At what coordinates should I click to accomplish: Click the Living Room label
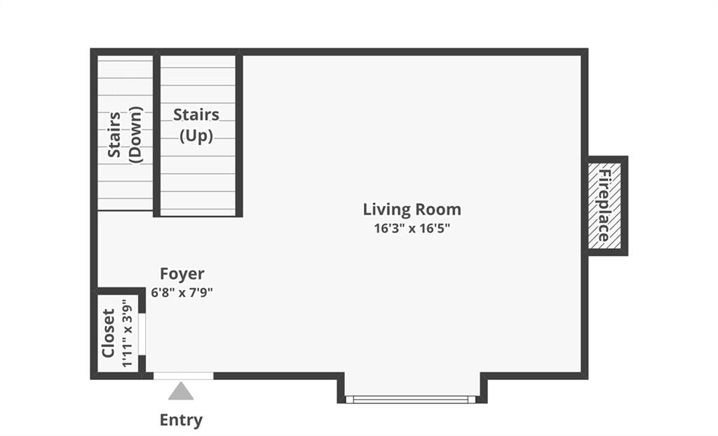412,210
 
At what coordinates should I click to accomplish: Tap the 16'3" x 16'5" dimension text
412,228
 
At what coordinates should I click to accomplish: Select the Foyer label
182,274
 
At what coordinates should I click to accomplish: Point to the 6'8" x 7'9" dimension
182,292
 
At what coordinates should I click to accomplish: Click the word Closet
108,333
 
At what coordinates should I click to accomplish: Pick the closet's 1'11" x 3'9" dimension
127,333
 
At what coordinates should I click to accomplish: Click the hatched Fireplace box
604,205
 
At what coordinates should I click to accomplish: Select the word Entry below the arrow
181,420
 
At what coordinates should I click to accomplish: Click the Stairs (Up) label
196,125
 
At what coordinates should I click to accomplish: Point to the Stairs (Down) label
125,134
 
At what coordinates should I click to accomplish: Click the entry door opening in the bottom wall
183,376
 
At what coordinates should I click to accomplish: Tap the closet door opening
142,334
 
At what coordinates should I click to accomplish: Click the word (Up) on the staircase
196,136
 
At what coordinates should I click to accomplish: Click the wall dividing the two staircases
156,134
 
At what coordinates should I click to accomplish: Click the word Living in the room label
386,210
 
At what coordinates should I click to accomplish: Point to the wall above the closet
118,292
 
